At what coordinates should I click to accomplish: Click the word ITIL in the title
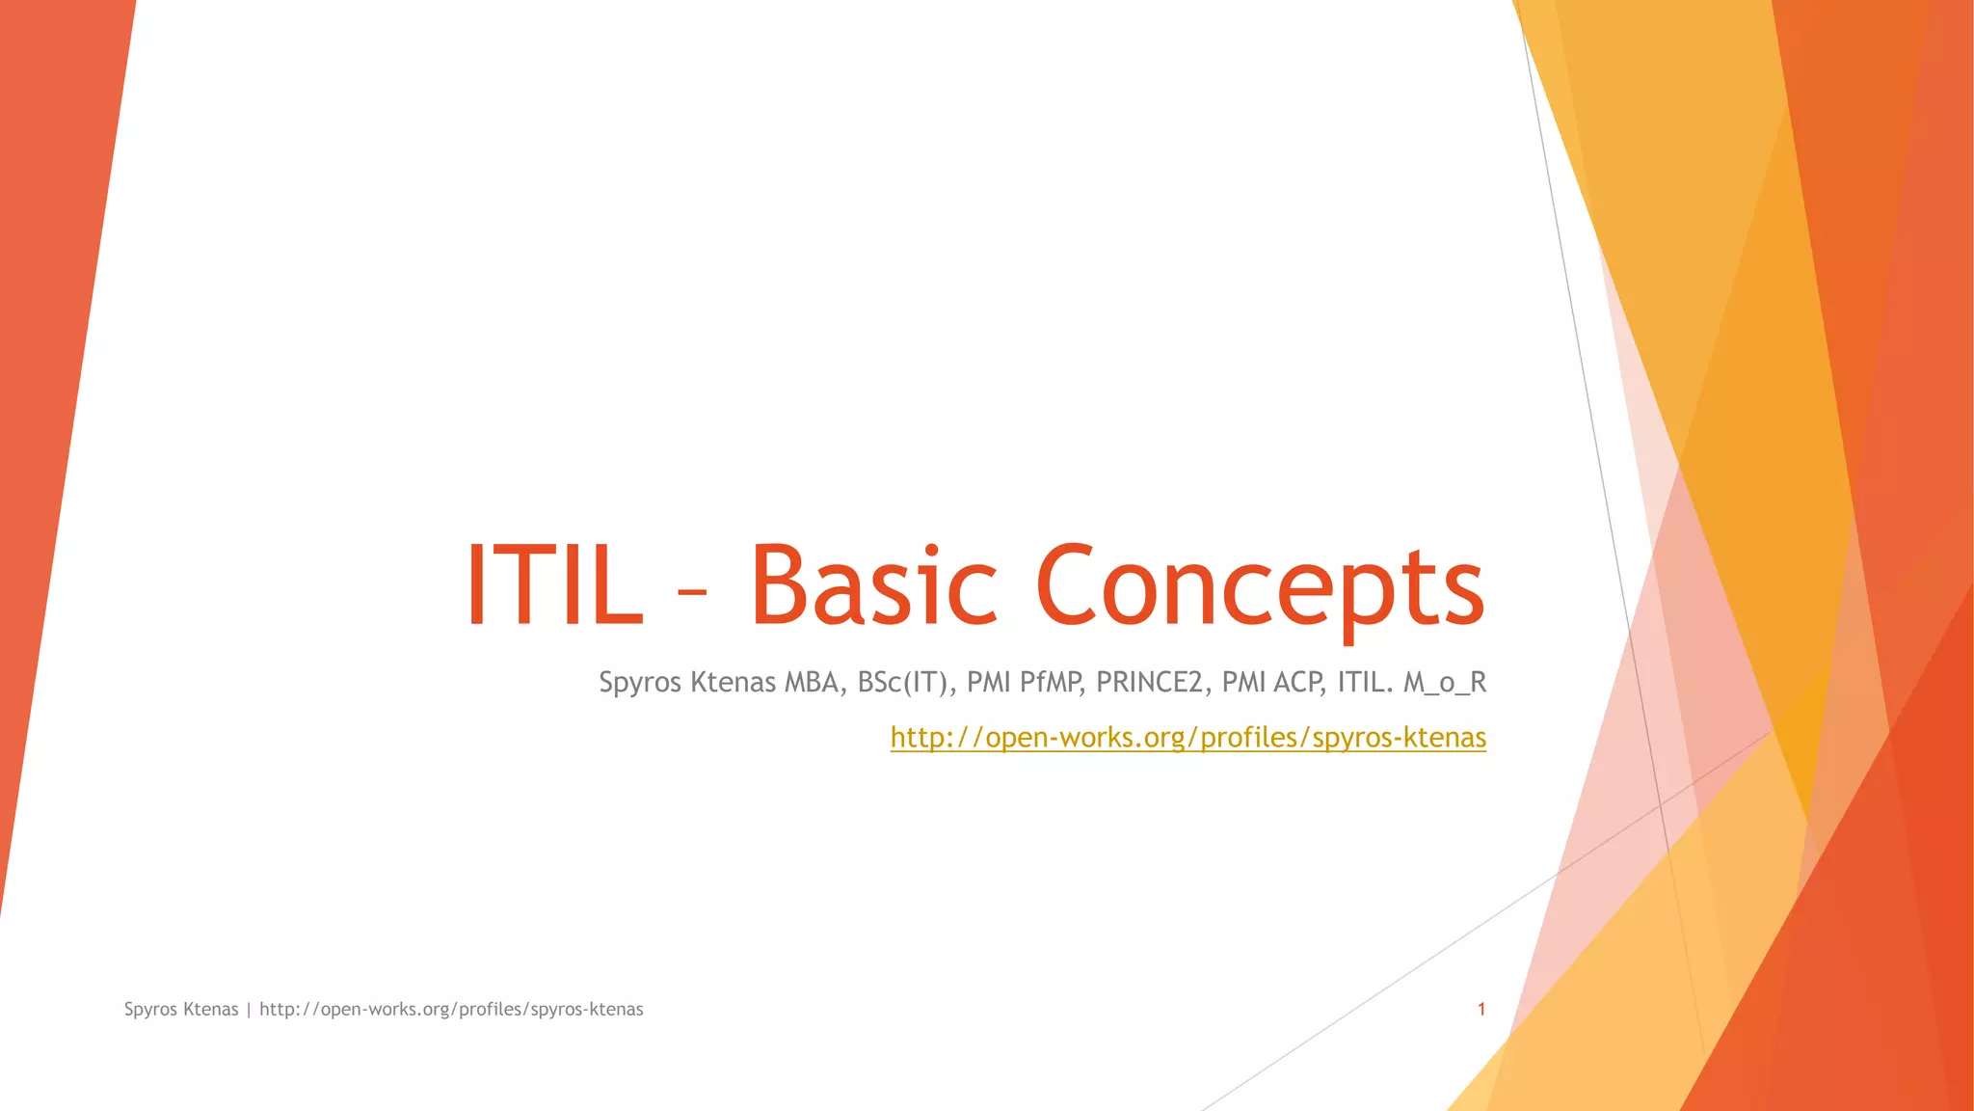tap(554, 586)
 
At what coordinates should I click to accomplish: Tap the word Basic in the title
tap(873, 586)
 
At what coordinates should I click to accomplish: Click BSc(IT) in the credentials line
tap(905, 683)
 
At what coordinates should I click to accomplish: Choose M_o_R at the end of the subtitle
tap(1445, 683)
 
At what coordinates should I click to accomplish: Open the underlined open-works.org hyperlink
tap(1187, 738)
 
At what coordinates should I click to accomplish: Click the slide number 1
tap(1481, 1010)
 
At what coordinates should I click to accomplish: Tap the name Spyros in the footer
tap(150, 1010)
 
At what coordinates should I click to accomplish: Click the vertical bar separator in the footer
tap(249, 1010)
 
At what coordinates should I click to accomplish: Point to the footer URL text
tap(451, 1010)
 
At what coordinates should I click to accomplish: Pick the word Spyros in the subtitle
tap(640, 683)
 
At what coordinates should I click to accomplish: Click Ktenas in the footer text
tap(210, 1010)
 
